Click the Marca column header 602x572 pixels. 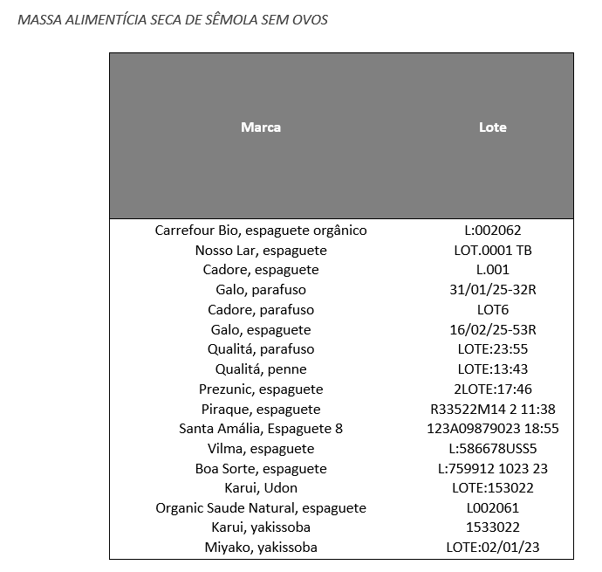[261, 127]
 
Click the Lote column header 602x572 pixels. [493, 127]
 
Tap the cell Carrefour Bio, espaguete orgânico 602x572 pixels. [261, 231]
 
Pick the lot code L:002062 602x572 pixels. [493, 231]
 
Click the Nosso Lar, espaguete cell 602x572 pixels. [261, 251]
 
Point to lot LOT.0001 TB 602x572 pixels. [493, 251]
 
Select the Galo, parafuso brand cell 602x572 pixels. [261, 290]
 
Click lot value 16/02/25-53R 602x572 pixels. [493, 330]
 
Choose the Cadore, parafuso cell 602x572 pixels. [261, 310]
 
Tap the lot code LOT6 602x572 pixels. [493, 310]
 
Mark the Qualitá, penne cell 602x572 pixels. [261, 369]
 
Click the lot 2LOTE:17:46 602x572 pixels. [493, 389]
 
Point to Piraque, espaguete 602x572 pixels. [261, 410]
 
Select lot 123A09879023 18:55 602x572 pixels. [493, 429]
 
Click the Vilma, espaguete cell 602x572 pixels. [261, 449]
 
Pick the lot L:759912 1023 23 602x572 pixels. [493, 469]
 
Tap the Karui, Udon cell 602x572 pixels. [261, 488]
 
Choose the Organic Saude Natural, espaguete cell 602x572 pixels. [261, 508]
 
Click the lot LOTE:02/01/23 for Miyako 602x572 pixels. [493, 548]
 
